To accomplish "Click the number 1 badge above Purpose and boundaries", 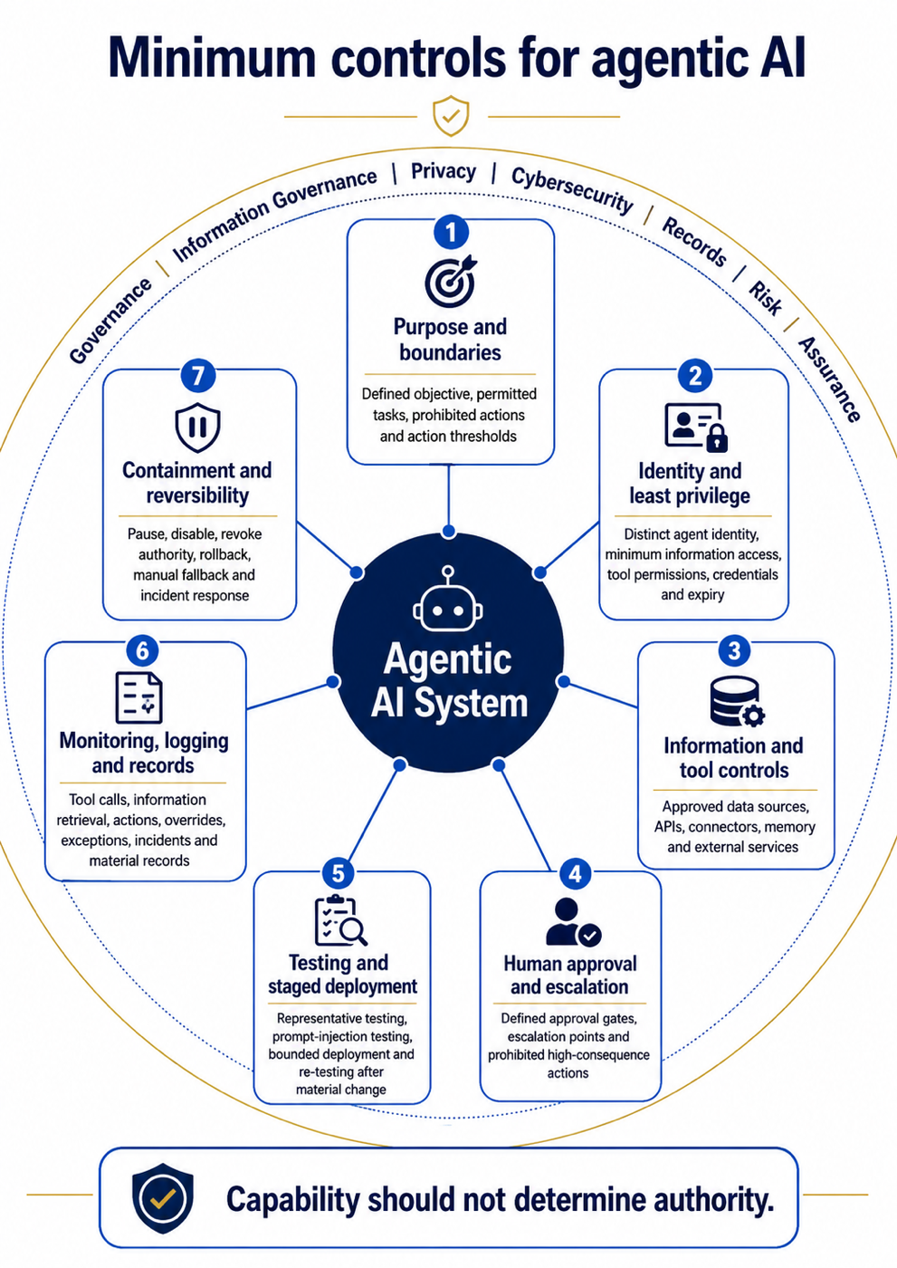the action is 451,232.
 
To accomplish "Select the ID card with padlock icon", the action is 696,427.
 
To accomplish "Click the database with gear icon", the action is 737,701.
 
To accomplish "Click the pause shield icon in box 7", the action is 197,427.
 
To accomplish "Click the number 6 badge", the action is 142,650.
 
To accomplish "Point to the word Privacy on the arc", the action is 444,171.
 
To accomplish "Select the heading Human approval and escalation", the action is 570,975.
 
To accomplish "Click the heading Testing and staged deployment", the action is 342,975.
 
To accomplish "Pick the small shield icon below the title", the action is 451,116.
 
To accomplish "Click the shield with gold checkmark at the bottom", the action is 163,1198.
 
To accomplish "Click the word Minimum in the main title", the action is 212,57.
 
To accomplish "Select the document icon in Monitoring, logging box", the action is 138,697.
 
